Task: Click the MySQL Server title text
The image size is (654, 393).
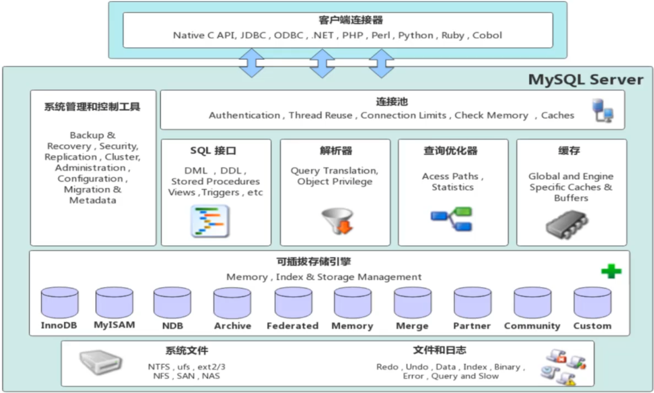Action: tap(585, 80)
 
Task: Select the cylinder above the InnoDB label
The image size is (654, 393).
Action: tap(60, 303)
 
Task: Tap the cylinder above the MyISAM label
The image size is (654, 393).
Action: tap(114, 303)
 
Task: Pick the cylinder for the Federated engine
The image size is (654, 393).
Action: tap(293, 303)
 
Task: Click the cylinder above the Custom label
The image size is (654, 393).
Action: tap(592, 303)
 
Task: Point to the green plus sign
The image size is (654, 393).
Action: tap(611, 271)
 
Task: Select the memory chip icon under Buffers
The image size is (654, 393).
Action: tap(567, 225)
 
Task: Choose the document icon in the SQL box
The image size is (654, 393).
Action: tap(210, 222)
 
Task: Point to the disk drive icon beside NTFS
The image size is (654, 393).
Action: tap(100, 362)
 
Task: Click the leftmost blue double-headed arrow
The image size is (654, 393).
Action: tap(251, 63)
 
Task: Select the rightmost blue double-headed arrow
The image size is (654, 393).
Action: tap(381, 63)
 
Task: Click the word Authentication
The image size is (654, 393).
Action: tap(244, 116)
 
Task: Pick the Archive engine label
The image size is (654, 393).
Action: tap(232, 326)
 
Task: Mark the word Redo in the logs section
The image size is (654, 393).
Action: tap(387, 367)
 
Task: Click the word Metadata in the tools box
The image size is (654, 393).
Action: tap(93, 201)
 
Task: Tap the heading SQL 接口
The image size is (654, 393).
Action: tap(213, 151)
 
